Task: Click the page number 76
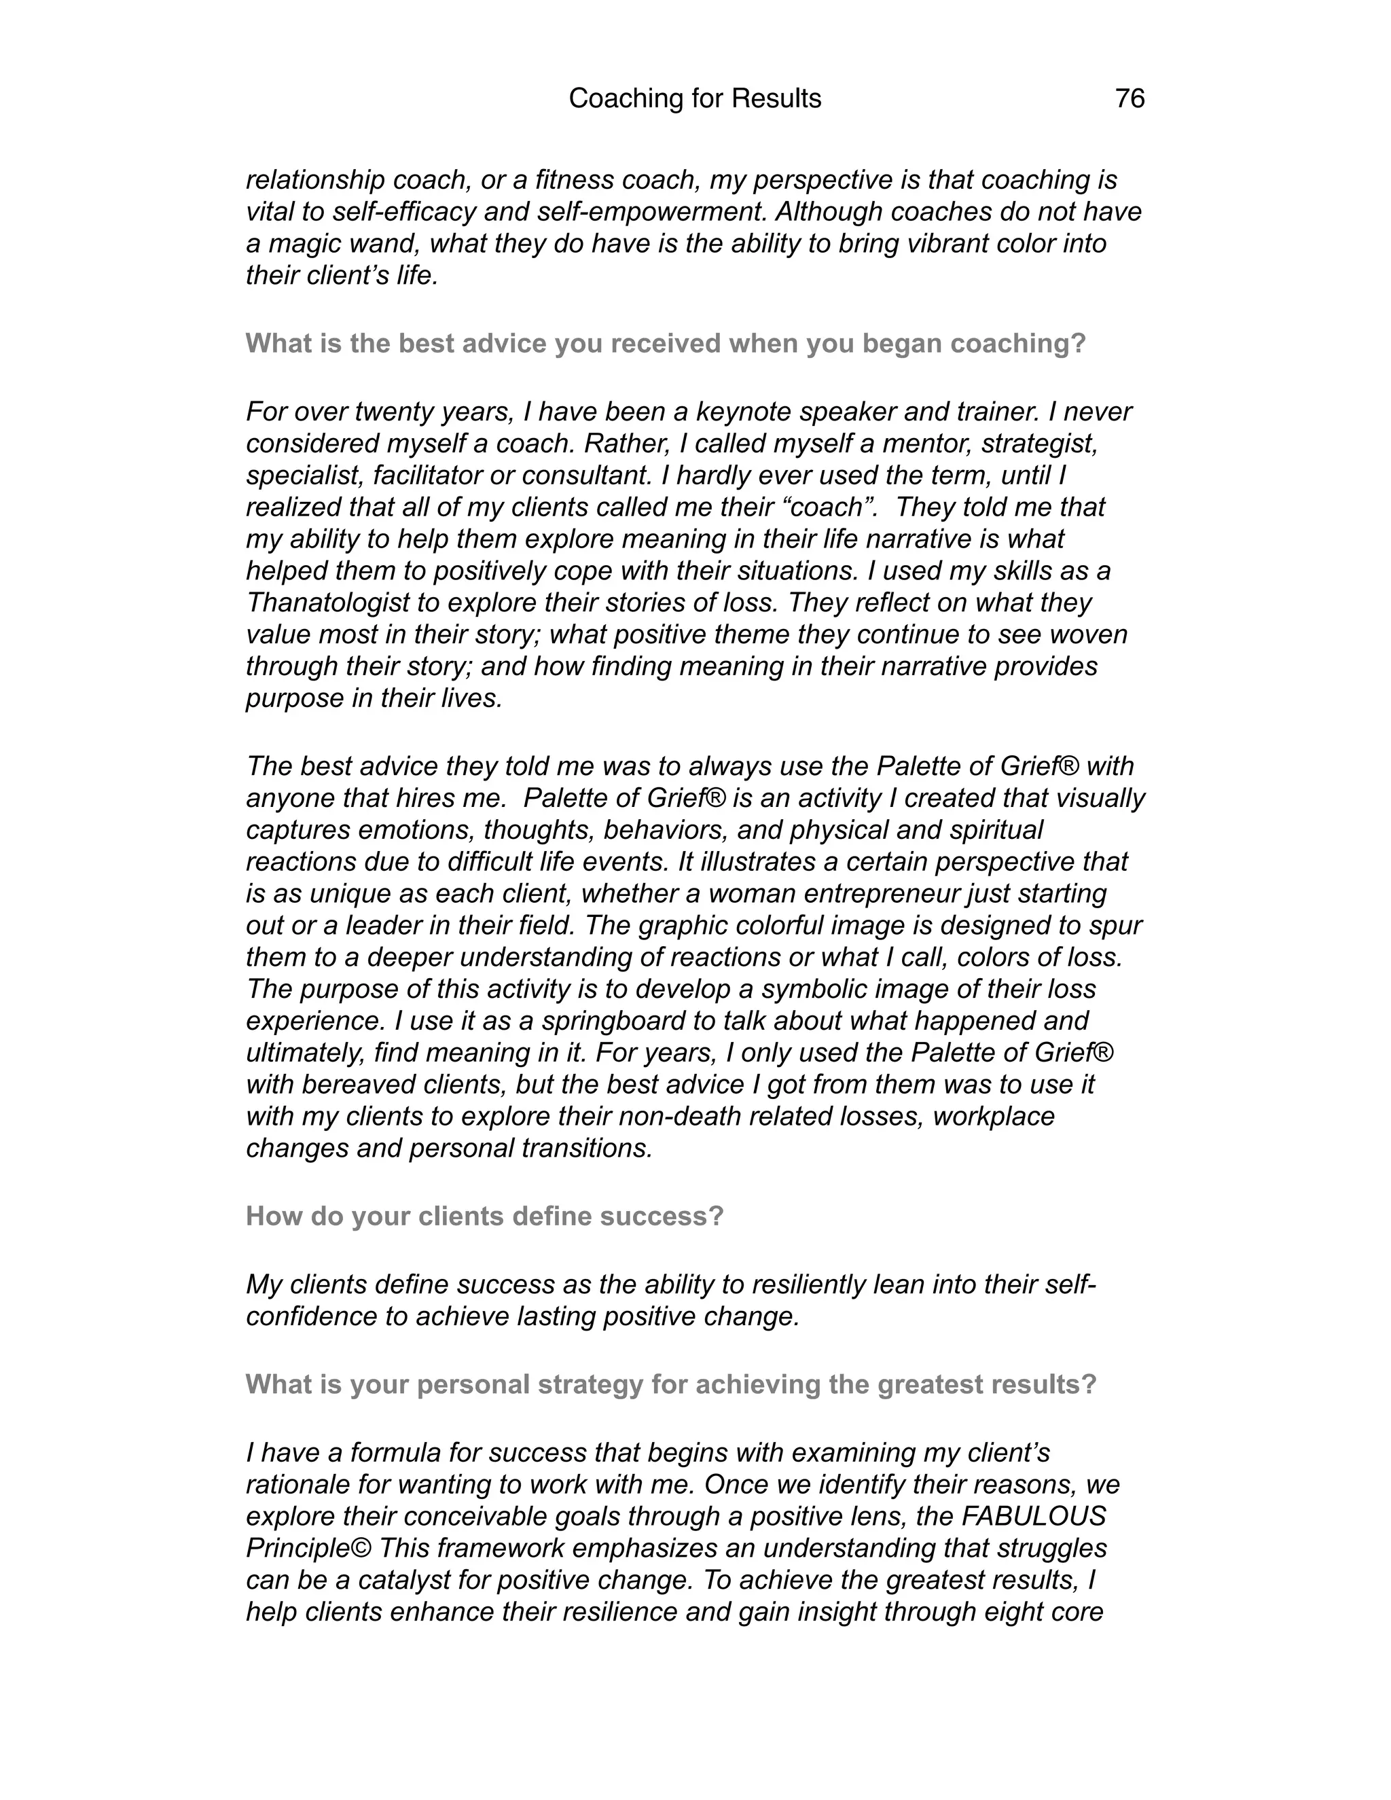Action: pyautogui.click(x=1129, y=99)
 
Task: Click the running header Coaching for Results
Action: pyautogui.click(x=695, y=99)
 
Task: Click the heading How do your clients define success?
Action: pyautogui.click(x=484, y=1217)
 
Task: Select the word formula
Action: pyautogui.click(x=398, y=1452)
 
